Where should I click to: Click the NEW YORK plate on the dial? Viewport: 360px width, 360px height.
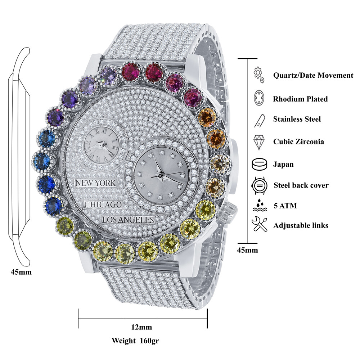click(x=95, y=183)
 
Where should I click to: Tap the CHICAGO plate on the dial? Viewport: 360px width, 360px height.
click(x=103, y=204)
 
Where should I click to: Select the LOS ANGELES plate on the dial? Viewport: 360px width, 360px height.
click(x=128, y=220)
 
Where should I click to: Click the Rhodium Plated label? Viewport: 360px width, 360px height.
click(x=300, y=99)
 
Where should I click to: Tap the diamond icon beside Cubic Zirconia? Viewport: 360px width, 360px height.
click(x=259, y=141)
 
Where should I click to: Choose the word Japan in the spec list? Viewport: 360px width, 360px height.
click(x=283, y=165)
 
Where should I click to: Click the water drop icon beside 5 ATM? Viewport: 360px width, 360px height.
click(x=259, y=206)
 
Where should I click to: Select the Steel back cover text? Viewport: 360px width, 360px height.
click(x=301, y=185)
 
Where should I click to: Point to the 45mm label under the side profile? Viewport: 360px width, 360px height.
click(x=21, y=272)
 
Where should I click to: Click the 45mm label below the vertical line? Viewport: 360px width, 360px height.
click(x=248, y=250)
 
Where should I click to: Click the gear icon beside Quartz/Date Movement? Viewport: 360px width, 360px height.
click(x=259, y=74)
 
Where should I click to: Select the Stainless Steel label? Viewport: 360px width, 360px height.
click(x=297, y=119)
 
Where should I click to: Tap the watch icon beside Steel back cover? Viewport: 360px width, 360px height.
click(x=259, y=185)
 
